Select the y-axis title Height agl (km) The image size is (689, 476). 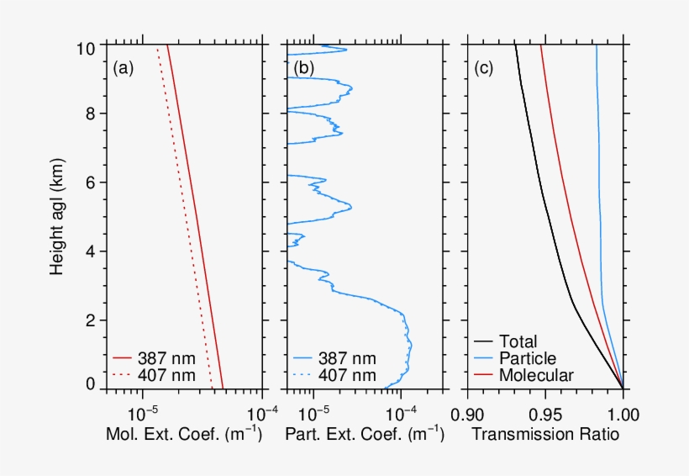pos(57,215)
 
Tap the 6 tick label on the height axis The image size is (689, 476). pos(93,182)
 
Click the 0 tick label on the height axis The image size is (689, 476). pos(93,385)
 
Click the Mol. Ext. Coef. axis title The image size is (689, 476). pos(184,435)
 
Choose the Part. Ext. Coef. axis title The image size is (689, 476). pos(365,435)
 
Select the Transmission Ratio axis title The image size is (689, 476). pos(545,435)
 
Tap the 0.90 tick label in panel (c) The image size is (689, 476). pos(467,414)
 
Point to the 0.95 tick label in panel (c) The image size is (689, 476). pos(545,414)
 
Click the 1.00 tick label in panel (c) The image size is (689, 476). pos(623,414)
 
